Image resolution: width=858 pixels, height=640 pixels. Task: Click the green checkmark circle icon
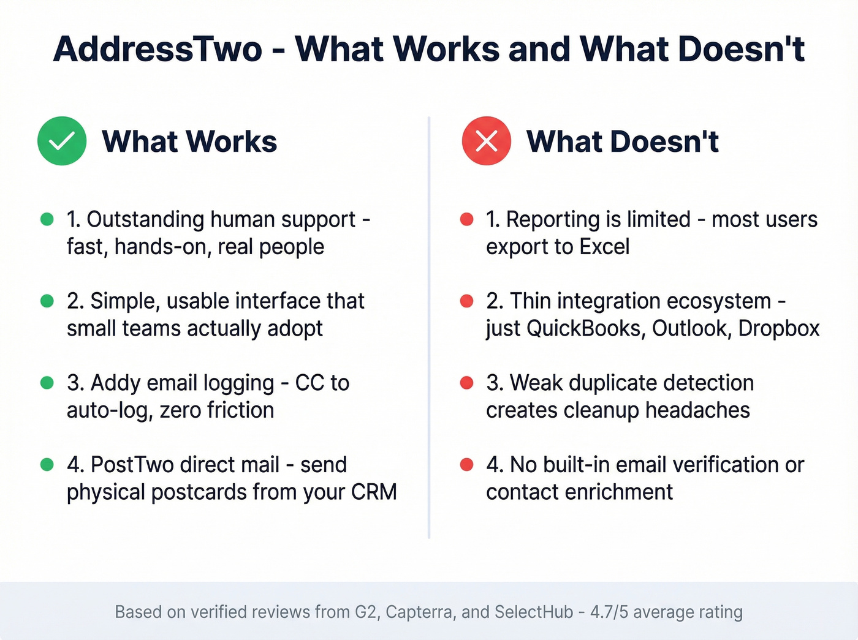point(62,141)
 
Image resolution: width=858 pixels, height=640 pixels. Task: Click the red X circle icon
point(486,141)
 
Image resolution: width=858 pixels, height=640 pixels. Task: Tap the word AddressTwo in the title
point(158,49)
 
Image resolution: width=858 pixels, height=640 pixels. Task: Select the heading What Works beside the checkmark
point(189,141)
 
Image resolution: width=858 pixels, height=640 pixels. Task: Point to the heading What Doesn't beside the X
point(622,141)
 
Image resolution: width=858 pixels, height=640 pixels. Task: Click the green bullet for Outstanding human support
point(47,219)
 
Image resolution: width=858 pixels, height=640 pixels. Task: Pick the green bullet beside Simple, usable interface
point(47,301)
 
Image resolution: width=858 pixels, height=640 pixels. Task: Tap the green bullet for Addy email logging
point(47,383)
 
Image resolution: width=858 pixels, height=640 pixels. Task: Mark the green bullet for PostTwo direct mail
point(47,464)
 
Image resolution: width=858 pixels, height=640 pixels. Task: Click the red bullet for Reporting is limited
point(466,219)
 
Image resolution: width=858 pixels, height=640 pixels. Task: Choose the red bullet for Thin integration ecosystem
point(466,301)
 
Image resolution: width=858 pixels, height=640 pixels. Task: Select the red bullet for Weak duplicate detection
point(466,383)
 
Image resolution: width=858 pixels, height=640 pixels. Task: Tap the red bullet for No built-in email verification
point(466,464)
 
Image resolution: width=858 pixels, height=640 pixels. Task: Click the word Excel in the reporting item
point(604,247)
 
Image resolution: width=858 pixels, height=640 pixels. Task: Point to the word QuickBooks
point(585,329)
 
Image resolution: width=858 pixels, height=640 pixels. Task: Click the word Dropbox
point(778,329)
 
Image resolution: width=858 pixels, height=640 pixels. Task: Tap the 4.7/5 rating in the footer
point(609,612)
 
